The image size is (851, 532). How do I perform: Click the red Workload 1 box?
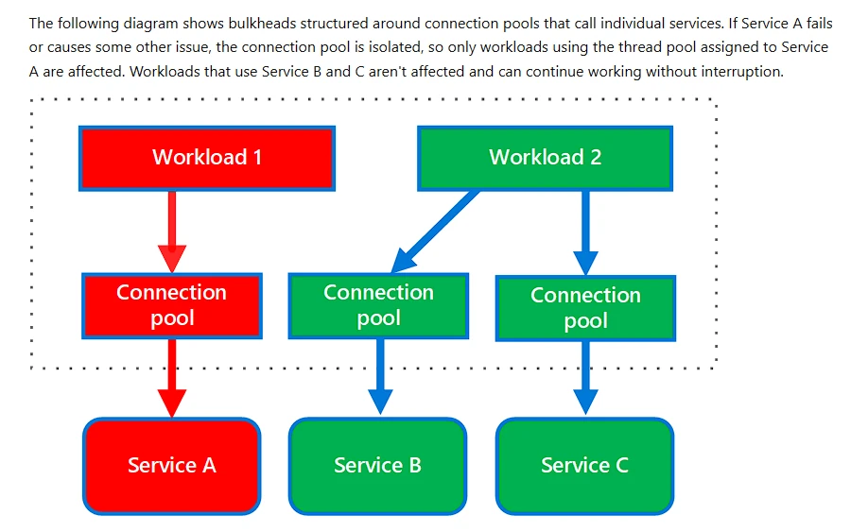[207, 159]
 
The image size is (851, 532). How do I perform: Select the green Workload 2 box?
[545, 159]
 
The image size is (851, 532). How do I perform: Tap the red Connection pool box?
[172, 306]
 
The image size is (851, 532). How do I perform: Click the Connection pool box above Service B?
[378, 306]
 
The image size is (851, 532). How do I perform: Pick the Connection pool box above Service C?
[585, 308]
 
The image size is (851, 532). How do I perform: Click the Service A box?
[171, 466]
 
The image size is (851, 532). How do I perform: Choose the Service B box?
[377, 466]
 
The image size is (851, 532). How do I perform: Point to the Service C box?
[585, 466]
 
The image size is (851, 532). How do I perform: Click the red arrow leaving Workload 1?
[172, 232]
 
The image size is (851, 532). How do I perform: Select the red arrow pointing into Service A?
[172, 378]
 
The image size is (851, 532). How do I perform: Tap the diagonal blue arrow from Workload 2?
[435, 232]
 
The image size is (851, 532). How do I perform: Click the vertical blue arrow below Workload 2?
[585, 233]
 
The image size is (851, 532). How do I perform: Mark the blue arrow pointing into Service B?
[380, 377]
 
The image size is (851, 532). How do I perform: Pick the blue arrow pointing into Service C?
[585, 378]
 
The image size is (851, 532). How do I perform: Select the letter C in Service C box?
[622, 465]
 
